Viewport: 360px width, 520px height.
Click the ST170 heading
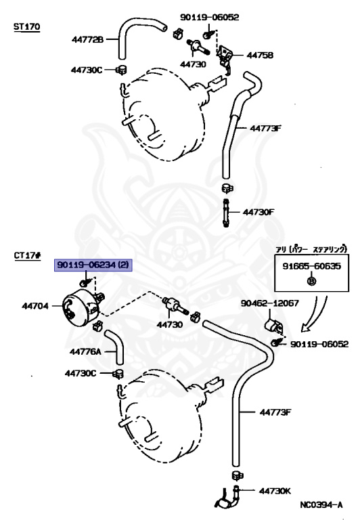(26, 26)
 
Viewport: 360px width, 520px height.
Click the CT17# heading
(28, 256)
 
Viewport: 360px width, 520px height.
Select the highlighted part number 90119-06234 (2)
(93, 265)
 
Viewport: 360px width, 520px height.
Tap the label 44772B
(87, 40)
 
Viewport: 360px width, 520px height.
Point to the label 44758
(260, 55)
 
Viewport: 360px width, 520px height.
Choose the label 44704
(35, 306)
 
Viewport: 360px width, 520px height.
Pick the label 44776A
(85, 351)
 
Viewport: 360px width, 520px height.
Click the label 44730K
(275, 491)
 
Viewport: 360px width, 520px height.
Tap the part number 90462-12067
(270, 303)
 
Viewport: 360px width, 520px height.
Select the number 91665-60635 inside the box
(311, 266)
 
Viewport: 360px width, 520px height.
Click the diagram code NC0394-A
(321, 505)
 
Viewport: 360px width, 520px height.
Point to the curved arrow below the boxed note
(315, 315)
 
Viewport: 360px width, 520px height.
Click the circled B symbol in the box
(311, 281)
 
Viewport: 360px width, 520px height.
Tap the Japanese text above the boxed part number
(311, 249)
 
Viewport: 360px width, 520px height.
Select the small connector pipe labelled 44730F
(226, 213)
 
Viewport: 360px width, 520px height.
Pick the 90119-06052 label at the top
(210, 17)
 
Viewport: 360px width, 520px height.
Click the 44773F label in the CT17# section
(275, 412)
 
